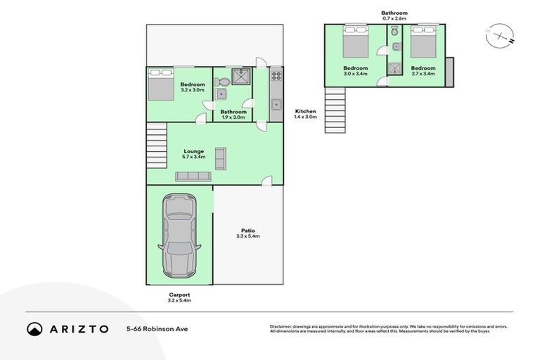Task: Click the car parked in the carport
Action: tap(180, 236)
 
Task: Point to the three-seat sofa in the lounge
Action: tap(193, 177)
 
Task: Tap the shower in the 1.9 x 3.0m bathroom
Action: tap(241, 77)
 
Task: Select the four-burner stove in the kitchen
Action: tap(276, 76)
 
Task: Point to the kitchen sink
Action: tap(276, 105)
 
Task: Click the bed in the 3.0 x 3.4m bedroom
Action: tap(354, 44)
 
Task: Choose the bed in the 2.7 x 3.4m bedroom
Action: tap(423, 43)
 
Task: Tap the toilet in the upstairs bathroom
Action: tap(395, 32)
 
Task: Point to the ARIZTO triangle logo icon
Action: tap(34, 328)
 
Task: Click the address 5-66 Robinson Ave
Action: tap(157, 328)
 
